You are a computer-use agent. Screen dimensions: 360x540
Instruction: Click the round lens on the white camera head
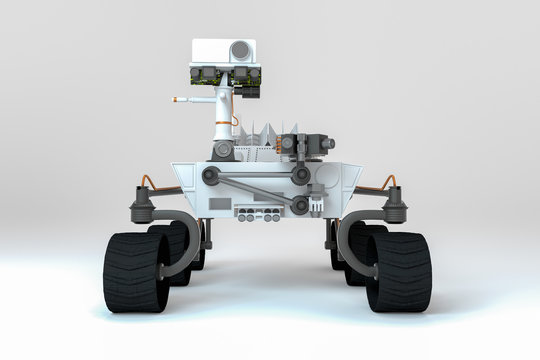(240, 50)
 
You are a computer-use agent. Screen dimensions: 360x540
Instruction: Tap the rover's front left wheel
(135, 271)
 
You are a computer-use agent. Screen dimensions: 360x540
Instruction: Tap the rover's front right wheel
(399, 271)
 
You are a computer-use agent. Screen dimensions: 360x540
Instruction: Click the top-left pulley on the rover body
(210, 175)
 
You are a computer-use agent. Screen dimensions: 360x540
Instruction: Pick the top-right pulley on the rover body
(300, 176)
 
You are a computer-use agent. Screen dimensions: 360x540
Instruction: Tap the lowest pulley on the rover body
(299, 206)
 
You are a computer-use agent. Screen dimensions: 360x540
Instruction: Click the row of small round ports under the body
(258, 217)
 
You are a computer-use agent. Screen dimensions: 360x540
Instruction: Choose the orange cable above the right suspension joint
(389, 181)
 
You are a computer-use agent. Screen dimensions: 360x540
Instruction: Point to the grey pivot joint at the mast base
(223, 150)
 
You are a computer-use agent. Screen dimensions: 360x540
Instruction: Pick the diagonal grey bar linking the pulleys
(255, 190)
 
